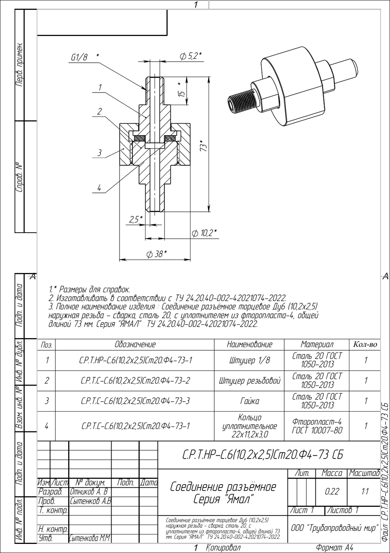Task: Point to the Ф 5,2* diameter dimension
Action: pyautogui.click(x=190, y=56)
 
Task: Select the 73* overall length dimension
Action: pyautogui.click(x=203, y=146)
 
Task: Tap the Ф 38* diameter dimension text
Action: pyautogui.click(x=157, y=254)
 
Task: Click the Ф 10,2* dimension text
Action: pyautogui.click(x=204, y=233)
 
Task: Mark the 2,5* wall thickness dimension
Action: pyautogui.click(x=136, y=219)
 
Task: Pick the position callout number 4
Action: pyautogui.click(x=99, y=188)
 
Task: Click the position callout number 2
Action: pyautogui.click(x=99, y=111)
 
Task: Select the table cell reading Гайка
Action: pyautogui.click(x=250, y=401)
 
